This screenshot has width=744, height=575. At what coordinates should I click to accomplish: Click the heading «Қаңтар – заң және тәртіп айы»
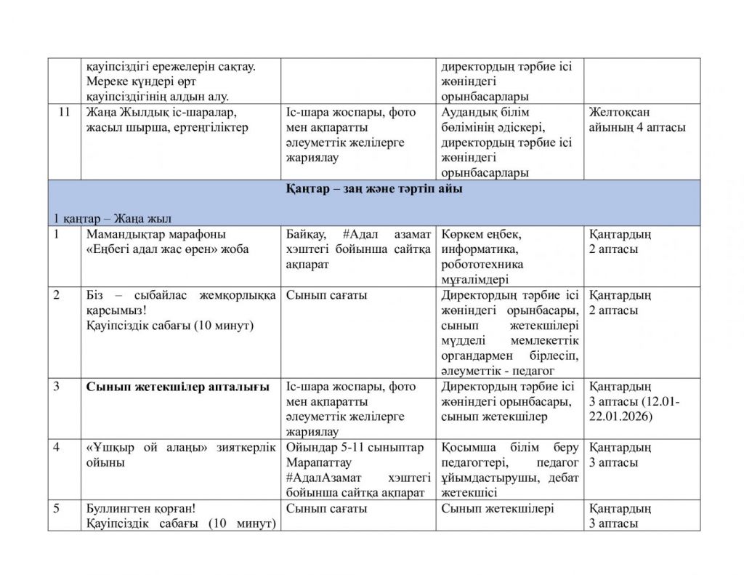pos(373,188)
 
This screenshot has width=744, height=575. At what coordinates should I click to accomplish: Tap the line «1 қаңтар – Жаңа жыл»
pos(112,218)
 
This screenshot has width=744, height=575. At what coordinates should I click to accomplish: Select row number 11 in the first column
pos(64,112)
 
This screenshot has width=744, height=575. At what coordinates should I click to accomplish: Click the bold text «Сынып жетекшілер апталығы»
pos(178,386)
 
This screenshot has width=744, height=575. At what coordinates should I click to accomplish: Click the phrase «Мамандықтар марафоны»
pos(155,234)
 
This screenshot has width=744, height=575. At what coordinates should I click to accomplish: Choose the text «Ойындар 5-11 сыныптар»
pos(355,447)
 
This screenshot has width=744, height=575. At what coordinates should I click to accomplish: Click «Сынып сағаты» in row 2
pos(326,295)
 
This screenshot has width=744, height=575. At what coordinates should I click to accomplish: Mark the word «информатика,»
pos(479,249)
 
